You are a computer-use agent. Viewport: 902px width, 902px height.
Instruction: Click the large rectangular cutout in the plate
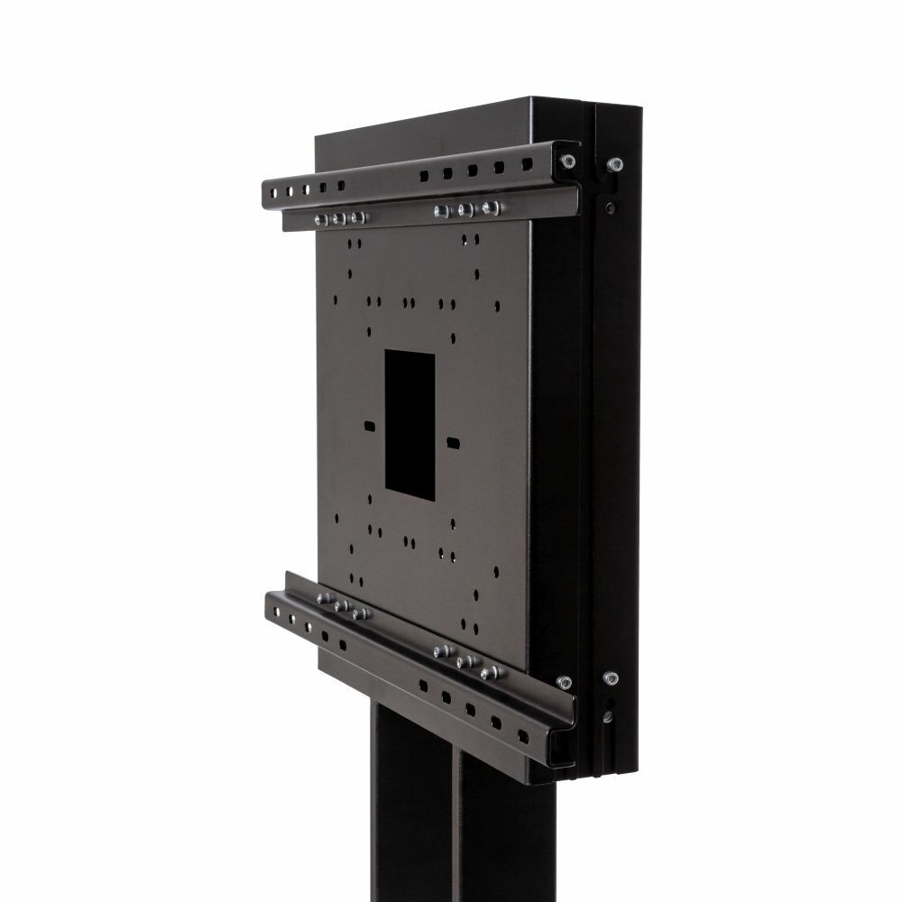[x=410, y=421]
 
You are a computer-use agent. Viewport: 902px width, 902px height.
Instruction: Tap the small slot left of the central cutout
[x=369, y=424]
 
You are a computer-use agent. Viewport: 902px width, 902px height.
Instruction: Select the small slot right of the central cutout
[x=451, y=442]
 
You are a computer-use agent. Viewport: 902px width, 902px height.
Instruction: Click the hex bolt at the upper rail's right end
[x=566, y=161]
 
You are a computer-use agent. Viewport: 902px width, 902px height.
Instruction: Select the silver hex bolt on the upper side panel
[x=615, y=164]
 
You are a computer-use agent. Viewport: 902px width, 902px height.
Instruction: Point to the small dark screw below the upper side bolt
[x=612, y=207]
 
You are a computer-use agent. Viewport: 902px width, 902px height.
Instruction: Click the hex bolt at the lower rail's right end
[x=565, y=682]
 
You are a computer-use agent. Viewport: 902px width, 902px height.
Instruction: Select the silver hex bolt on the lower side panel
[x=611, y=676]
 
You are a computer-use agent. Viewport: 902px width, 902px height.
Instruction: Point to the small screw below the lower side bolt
[x=610, y=717]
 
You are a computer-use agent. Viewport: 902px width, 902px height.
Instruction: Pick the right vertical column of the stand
[x=505, y=839]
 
